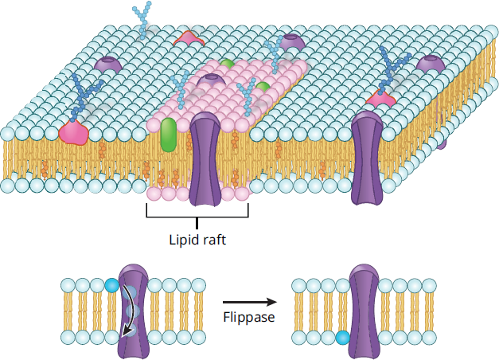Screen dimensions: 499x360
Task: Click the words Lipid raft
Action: coord(197,240)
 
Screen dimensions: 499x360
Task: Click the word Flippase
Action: coord(249,317)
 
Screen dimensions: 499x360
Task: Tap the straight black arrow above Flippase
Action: coord(250,302)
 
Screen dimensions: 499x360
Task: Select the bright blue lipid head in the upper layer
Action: coord(111,285)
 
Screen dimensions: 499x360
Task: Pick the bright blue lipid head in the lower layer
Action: coord(343,338)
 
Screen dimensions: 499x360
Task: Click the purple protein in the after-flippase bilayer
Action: coord(364,311)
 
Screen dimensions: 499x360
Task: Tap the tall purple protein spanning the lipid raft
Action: coord(205,158)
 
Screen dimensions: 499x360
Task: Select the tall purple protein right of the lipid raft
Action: coord(367,158)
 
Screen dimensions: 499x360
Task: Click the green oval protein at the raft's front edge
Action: coord(169,135)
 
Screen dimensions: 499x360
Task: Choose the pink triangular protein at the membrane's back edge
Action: coord(189,38)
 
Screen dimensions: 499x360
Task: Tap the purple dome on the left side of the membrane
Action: coord(108,65)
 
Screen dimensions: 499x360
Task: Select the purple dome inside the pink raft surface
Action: coord(211,80)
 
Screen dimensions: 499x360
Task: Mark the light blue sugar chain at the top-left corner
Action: coord(142,20)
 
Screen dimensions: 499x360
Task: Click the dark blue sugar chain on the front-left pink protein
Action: coord(85,97)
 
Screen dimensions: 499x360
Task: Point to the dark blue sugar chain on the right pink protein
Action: coord(393,71)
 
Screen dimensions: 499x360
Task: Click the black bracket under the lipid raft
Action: coord(197,216)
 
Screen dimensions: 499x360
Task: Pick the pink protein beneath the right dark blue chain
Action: coord(381,99)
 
